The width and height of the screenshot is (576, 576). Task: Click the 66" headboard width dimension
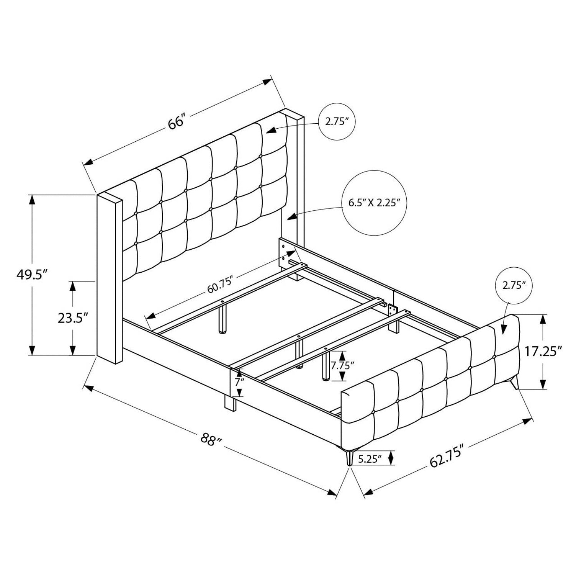(177, 122)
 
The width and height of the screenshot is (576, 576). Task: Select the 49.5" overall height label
(33, 275)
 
